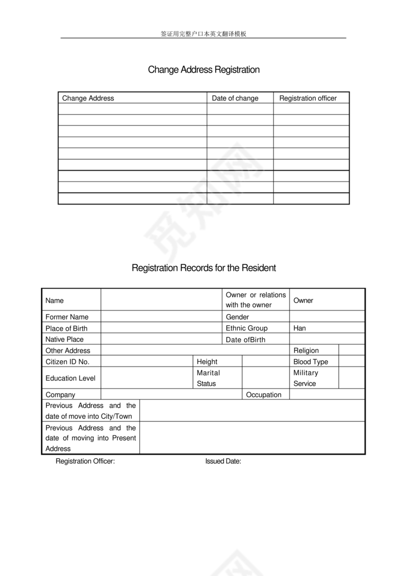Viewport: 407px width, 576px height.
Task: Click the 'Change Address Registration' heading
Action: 203,70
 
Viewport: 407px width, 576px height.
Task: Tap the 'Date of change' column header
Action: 235,98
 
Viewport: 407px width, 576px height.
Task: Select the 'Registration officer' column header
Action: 308,98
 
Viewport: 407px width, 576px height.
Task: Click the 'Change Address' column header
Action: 88,98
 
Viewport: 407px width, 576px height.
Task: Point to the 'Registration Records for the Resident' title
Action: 203,268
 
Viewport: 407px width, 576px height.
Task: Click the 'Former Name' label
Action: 67,317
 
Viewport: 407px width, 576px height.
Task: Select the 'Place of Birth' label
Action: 66,328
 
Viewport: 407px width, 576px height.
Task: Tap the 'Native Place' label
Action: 64,339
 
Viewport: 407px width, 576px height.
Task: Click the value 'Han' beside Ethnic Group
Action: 299,328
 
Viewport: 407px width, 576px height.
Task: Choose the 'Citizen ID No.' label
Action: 67,362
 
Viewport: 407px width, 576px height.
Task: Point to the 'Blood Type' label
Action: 310,362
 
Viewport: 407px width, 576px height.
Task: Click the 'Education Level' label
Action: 70,378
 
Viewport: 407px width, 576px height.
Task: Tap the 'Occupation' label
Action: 263,394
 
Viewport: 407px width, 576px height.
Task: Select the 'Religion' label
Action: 306,350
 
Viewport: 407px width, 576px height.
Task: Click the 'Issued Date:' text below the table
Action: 223,461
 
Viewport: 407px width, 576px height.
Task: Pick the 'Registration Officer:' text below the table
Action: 85,461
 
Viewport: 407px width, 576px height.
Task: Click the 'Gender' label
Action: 237,317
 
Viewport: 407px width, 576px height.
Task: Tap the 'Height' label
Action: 207,362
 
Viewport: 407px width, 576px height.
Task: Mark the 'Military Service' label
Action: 305,378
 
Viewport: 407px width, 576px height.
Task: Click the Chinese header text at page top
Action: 203,34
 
